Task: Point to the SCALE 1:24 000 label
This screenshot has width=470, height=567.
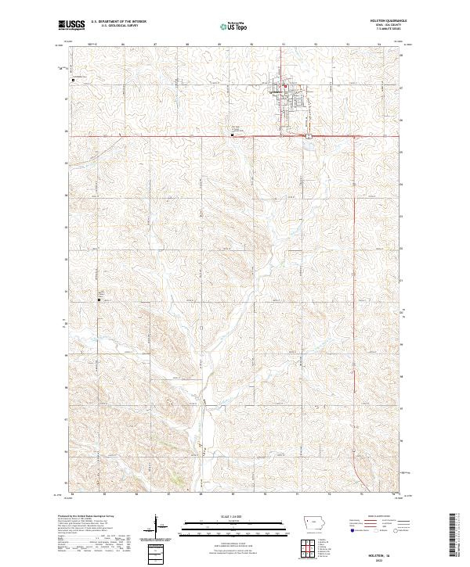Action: (x=233, y=516)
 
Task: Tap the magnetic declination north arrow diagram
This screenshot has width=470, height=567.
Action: (x=156, y=528)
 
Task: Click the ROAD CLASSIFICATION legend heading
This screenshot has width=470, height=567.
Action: (x=374, y=517)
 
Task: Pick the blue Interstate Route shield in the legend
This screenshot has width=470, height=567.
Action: (x=345, y=529)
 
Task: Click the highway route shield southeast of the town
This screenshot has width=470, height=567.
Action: (x=309, y=137)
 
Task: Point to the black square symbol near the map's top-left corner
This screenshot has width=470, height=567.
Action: (x=74, y=80)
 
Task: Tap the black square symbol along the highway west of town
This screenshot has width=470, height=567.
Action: (x=233, y=134)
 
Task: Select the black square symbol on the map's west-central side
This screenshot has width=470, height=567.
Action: (x=99, y=300)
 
